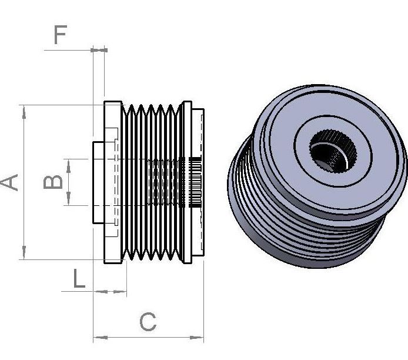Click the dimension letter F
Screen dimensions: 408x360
(61, 34)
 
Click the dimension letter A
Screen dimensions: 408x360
(9, 182)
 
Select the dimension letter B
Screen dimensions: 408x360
(53, 182)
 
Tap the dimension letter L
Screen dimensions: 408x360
(79, 278)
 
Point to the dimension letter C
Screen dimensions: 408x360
(148, 322)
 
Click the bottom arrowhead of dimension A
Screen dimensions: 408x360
(24, 252)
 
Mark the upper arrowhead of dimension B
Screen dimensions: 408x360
(68, 166)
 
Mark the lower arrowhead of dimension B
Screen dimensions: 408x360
(68, 199)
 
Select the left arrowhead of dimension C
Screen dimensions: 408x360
(101, 338)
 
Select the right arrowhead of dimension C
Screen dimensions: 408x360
(196, 338)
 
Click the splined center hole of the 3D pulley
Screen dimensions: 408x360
(333, 151)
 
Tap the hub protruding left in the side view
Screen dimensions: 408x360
(99, 182)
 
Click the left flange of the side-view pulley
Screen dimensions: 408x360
(113, 182)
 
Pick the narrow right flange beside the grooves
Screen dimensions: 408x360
(188, 182)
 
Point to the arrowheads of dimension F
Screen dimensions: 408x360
(99, 50)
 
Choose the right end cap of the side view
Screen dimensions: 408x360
(198, 182)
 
